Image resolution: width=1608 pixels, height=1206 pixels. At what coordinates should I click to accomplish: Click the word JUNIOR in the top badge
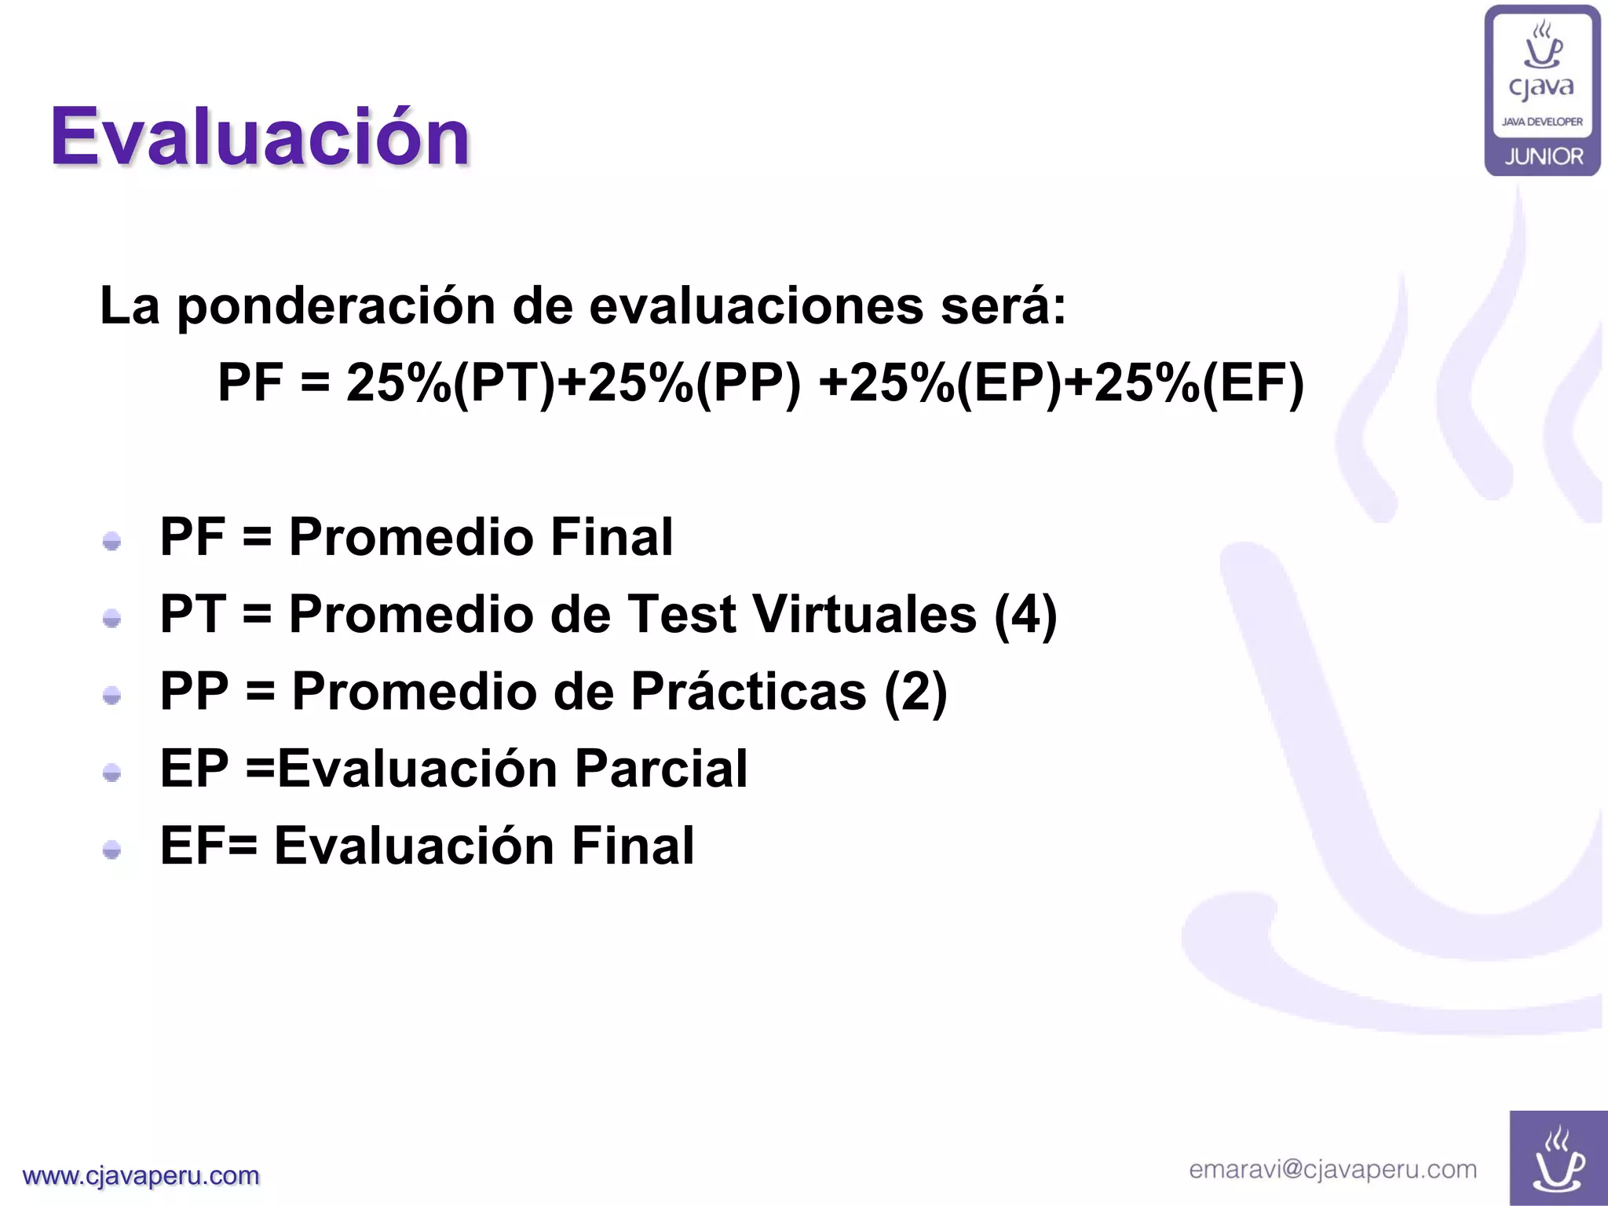[1544, 156]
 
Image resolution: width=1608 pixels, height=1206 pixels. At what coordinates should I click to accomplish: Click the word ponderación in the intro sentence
[336, 305]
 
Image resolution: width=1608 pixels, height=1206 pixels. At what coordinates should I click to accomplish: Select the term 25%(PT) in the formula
[451, 383]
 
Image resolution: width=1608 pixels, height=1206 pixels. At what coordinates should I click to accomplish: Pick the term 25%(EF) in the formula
[1198, 383]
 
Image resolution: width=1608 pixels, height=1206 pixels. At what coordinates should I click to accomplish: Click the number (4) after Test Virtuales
[1025, 614]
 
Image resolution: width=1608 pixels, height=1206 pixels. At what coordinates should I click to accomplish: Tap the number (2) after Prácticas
[915, 692]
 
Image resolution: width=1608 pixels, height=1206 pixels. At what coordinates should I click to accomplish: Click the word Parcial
[661, 769]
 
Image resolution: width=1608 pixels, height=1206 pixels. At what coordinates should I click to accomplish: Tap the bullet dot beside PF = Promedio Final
[112, 541]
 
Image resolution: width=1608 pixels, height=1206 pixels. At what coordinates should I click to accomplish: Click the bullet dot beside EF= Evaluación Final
[112, 850]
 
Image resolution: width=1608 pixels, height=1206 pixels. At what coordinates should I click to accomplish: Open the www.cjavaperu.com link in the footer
[141, 1175]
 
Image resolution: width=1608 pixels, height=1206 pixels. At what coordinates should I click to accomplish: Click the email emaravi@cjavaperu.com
[1332, 1169]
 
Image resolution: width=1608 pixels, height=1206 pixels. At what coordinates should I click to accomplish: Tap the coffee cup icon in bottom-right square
[1558, 1160]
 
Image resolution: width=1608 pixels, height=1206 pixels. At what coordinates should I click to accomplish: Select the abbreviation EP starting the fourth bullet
[194, 769]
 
